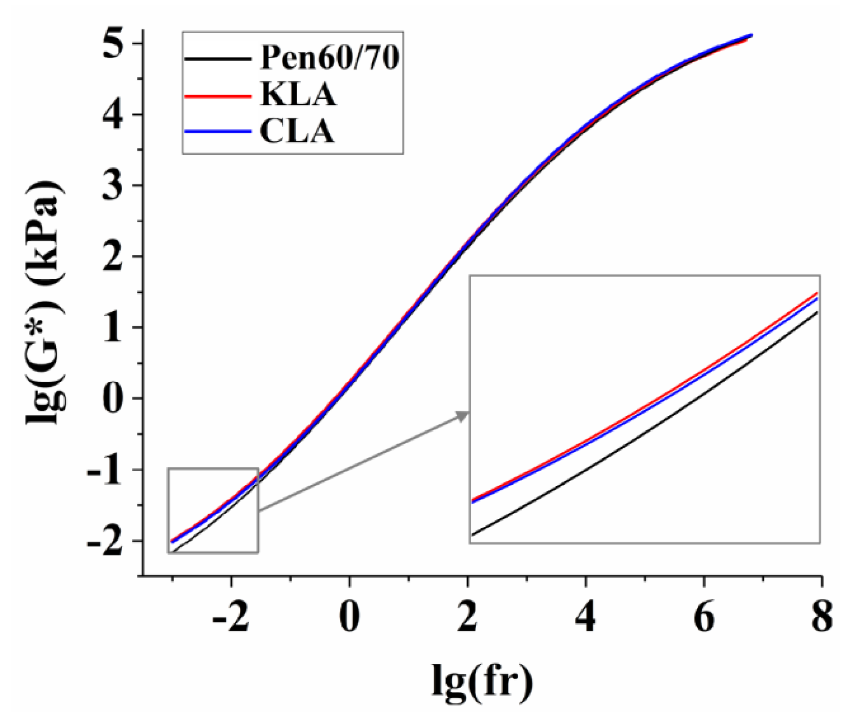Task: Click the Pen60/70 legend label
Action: (329, 58)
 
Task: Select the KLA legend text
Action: (298, 95)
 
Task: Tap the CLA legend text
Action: (297, 132)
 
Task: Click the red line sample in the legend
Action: (218, 96)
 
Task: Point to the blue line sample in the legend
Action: (218, 132)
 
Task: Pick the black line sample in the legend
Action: (218, 59)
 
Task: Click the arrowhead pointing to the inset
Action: (463, 415)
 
